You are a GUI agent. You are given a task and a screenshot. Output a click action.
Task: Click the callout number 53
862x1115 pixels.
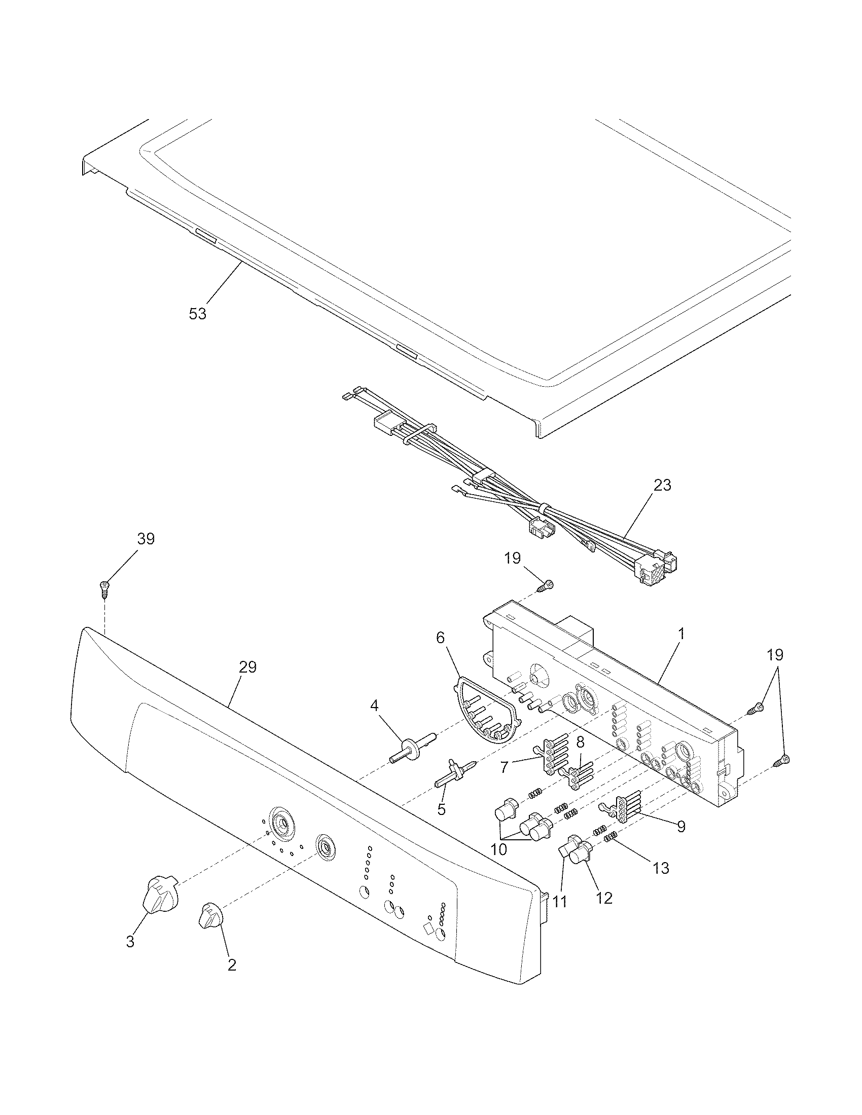pyautogui.click(x=198, y=313)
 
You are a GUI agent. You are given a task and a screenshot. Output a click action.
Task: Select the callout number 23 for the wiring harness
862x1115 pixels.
pyautogui.click(x=662, y=485)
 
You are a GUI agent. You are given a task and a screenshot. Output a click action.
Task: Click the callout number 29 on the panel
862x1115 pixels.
pyautogui.click(x=247, y=667)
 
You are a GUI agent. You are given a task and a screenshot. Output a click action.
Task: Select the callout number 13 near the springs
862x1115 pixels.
pyautogui.click(x=661, y=867)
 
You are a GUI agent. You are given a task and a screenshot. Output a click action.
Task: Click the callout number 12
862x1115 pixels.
pyautogui.click(x=604, y=898)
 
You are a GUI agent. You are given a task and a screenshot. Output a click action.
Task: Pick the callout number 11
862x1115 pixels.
pyautogui.click(x=560, y=902)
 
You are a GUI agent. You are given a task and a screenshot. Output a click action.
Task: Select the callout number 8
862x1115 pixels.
pyautogui.click(x=580, y=742)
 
